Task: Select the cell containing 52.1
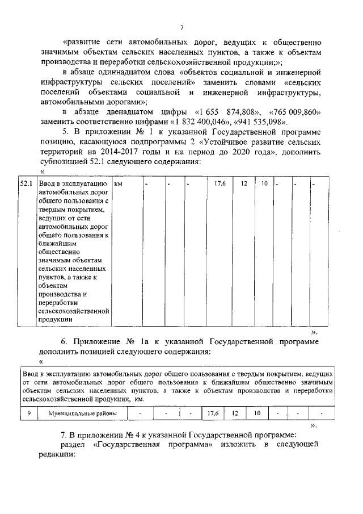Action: [26, 185]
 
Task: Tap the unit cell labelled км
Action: [119, 185]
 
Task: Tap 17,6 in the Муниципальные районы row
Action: [213, 413]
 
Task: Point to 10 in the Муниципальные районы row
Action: [256, 413]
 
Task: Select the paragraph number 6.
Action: [65, 342]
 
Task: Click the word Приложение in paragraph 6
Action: [100, 342]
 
